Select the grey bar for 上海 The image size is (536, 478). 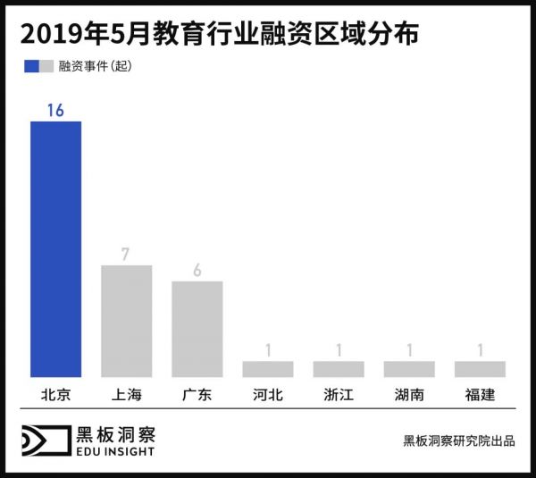[x=126, y=321]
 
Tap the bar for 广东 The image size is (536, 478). [x=197, y=329]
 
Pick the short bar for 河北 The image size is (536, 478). [x=267, y=368]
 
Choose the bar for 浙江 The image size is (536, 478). [x=339, y=368]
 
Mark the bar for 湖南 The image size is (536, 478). [x=409, y=368]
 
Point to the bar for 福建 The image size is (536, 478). [x=480, y=368]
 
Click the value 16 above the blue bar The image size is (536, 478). [x=55, y=109]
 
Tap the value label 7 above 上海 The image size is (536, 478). [x=126, y=254]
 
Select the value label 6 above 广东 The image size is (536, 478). [x=197, y=270]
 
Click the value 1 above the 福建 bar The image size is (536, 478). [x=480, y=349]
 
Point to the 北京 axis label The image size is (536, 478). [x=55, y=394]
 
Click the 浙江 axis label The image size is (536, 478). [x=339, y=394]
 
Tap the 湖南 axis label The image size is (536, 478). [x=409, y=394]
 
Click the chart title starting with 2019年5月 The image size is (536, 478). [x=220, y=35]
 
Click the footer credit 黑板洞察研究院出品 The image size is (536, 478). [x=458, y=441]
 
